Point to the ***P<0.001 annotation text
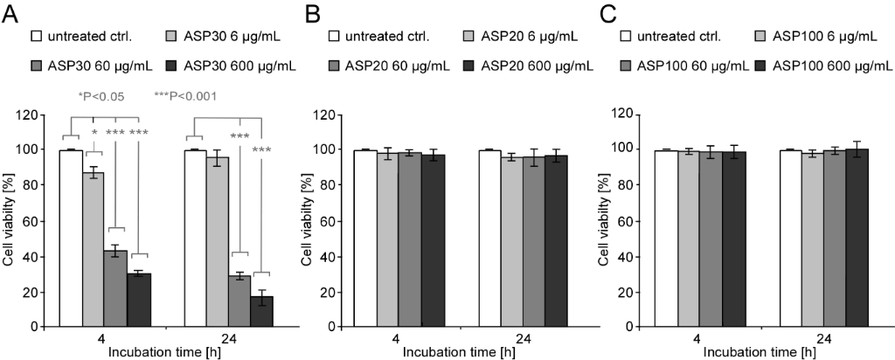point(185,96)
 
